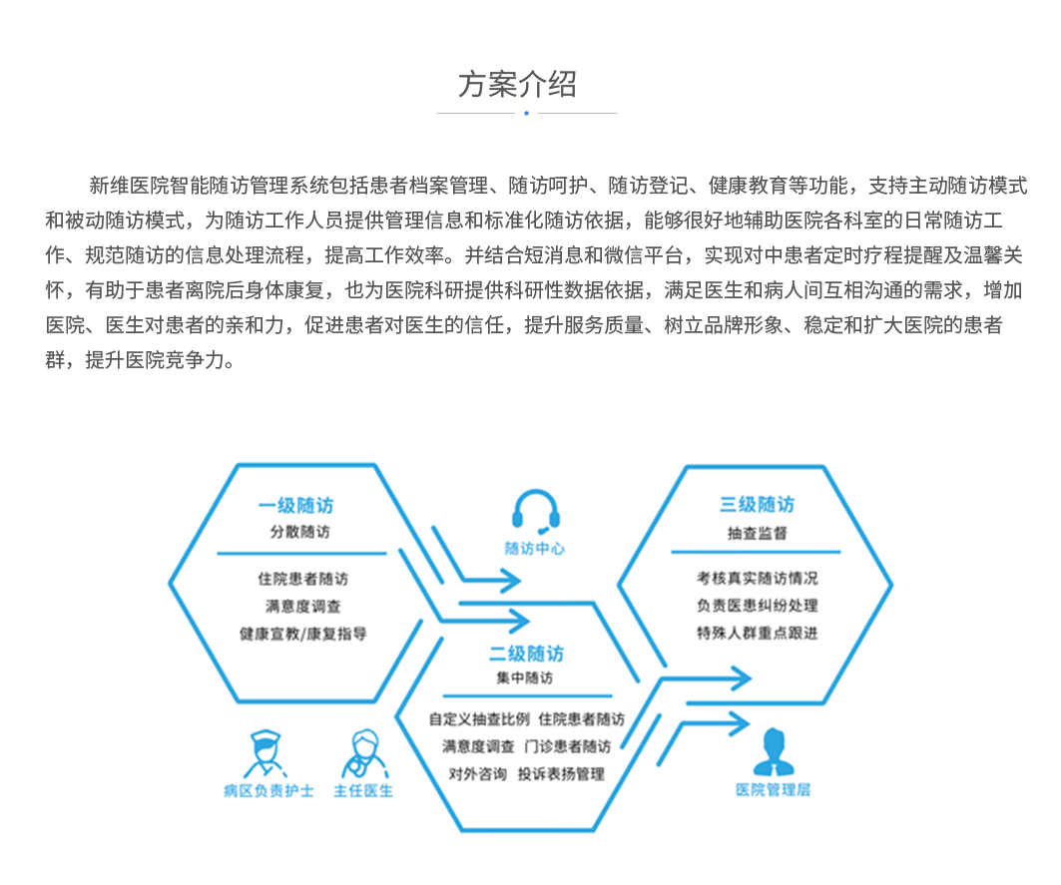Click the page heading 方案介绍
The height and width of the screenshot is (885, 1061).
click(x=518, y=85)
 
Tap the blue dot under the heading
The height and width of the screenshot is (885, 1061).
click(x=526, y=113)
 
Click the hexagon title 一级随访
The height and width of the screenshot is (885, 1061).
click(x=295, y=506)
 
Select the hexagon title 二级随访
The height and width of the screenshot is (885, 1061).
click(x=526, y=654)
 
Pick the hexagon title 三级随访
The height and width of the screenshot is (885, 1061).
click(x=757, y=504)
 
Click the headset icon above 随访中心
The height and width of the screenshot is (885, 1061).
click(x=536, y=512)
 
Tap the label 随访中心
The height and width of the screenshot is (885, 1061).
click(x=535, y=549)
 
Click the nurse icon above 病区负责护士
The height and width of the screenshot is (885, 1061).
click(x=265, y=753)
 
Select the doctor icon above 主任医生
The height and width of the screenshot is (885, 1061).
click(x=364, y=753)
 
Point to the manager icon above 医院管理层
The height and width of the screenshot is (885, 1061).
click(x=774, y=751)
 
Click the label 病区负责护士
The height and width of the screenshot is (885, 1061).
click(x=268, y=791)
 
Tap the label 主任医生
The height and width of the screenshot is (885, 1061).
click(x=363, y=791)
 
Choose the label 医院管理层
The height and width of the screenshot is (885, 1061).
click(x=774, y=789)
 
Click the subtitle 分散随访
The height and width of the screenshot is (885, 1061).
click(x=299, y=532)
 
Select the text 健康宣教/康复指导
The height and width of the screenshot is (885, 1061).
click(x=302, y=634)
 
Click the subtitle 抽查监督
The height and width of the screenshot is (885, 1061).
click(x=758, y=533)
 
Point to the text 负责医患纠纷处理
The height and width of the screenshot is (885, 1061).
click(x=758, y=606)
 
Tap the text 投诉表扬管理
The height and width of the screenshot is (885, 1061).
click(x=561, y=774)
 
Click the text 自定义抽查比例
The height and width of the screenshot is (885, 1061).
click(x=479, y=718)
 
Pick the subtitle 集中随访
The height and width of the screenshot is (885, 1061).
click(x=524, y=677)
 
